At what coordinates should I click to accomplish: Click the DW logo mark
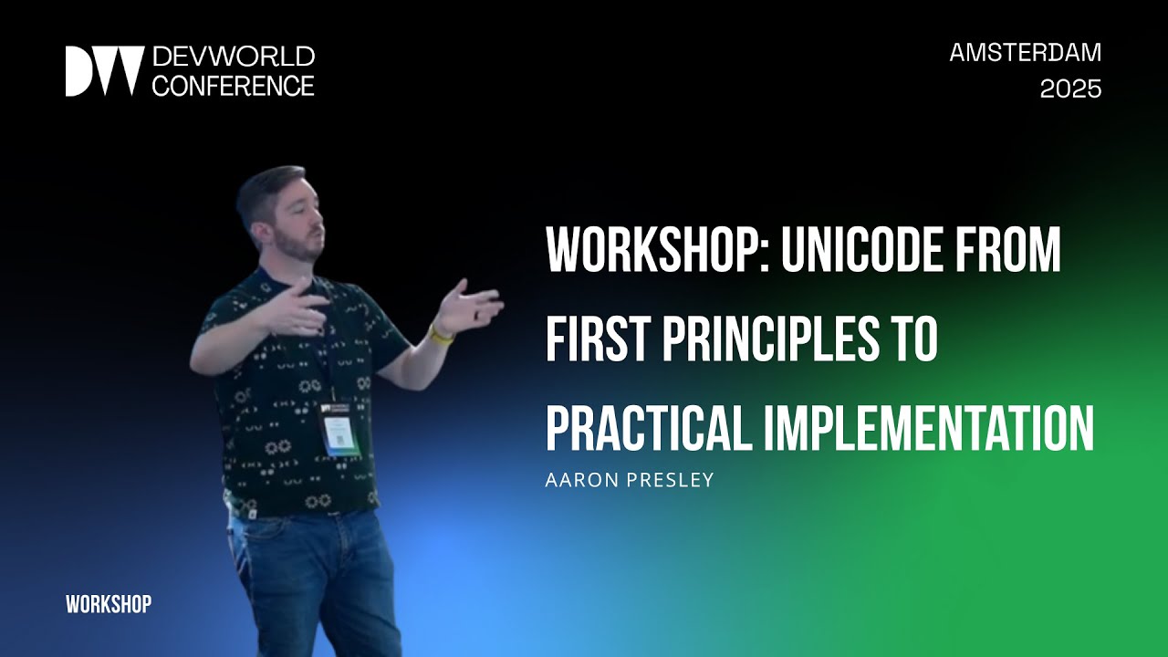[x=104, y=71]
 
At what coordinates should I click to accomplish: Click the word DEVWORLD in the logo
[x=233, y=57]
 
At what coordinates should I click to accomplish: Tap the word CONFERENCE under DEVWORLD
[x=233, y=86]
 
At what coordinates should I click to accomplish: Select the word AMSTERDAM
[x=1025, y=53]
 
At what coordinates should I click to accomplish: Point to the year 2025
[x=1070, y=89]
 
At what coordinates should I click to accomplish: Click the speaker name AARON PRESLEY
[x=629, y=480]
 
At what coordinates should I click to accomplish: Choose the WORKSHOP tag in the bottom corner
[x=109, y=604]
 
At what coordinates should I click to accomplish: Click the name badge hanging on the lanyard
[x=340, y=428]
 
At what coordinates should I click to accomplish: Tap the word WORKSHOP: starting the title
[x=650, y=250]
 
